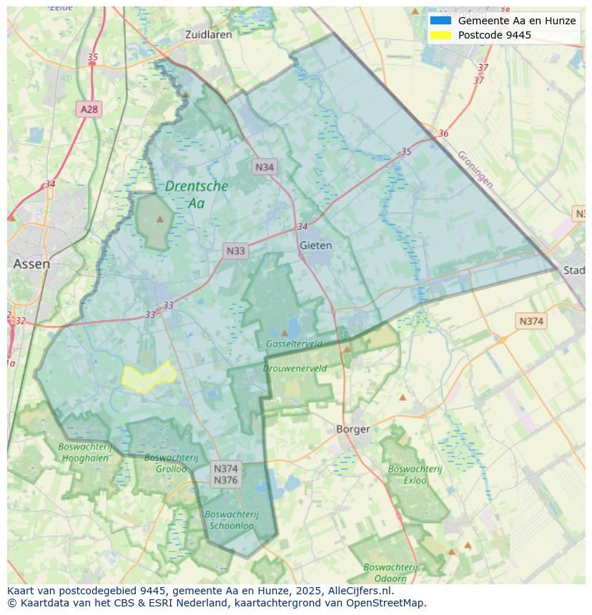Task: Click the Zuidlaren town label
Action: [208, 34]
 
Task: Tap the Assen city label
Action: [31, 264]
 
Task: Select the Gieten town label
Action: [315, 245]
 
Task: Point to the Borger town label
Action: [353, 429]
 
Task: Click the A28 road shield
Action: [89, 109]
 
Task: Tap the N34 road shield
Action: [265, 167]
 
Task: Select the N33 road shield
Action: [235, 251]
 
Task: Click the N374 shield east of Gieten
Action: [531, 321]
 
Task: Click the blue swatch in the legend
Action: [440, 21]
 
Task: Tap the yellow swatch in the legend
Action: [440, 35]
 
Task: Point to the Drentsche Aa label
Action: [197, 194]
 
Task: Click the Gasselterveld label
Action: [294, 344]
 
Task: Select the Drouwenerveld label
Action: [295, 369]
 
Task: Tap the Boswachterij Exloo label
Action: [415, 474]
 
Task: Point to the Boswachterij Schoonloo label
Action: [231, 519]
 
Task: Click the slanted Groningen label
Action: [475, 169]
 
